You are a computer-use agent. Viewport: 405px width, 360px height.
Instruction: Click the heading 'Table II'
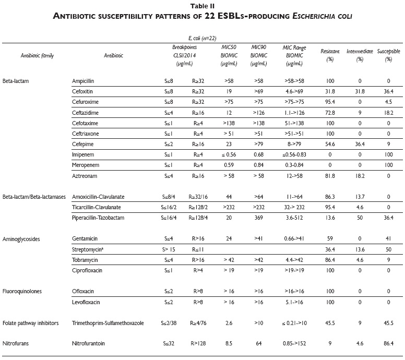202,6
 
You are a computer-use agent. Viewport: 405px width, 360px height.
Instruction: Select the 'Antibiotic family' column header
37,55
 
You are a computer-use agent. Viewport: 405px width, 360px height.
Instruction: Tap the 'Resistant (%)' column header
329,56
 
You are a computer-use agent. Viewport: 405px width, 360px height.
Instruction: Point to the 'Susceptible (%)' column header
388,56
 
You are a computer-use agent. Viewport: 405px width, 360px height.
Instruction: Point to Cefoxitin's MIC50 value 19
229,92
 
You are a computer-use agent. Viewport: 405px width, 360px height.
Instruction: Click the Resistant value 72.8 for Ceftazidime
329,113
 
